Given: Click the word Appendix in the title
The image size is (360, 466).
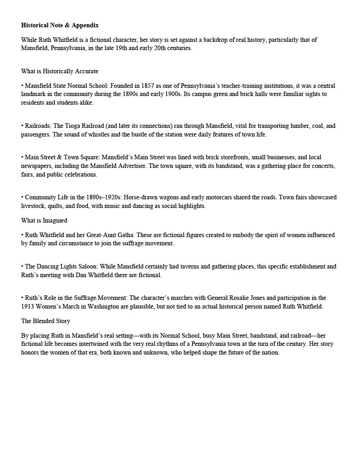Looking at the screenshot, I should click(85, 25).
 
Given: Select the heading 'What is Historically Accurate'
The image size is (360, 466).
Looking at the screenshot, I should click(60, 71).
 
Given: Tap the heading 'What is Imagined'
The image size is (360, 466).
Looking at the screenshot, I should click(44, 221).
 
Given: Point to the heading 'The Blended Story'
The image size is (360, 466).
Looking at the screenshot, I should click(46, 321).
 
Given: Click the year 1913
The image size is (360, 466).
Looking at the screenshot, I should click(28, 307).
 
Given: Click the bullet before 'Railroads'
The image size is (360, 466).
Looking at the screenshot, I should click(22, 126).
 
